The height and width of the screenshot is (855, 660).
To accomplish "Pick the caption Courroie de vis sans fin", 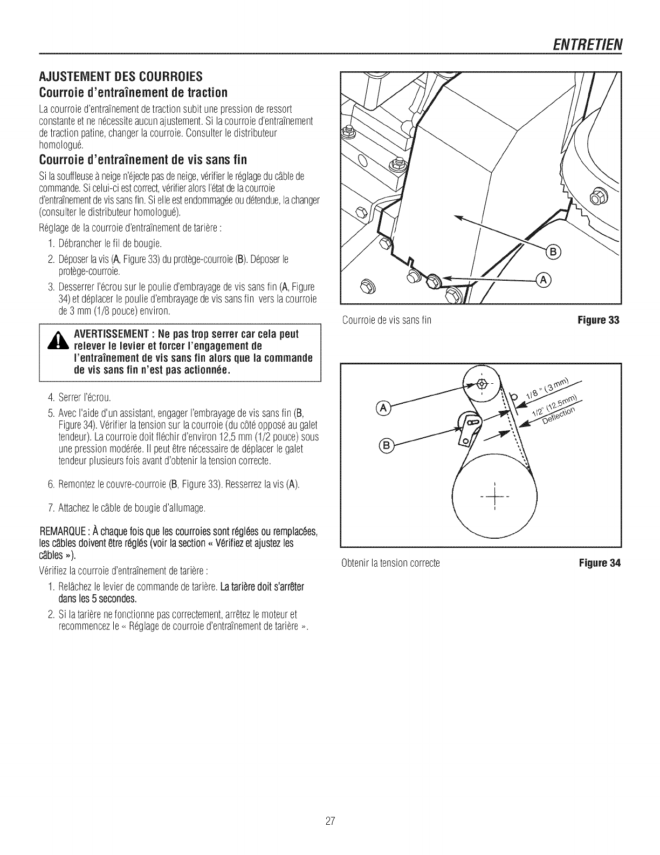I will coord(387,321).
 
